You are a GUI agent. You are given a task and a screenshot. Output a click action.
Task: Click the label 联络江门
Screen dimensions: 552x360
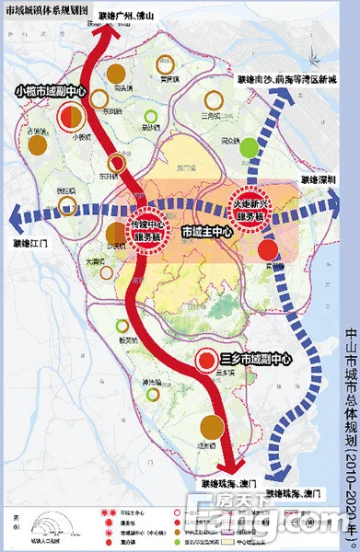(34, 244)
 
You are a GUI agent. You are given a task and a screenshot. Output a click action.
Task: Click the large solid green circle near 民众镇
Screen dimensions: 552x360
(249, 146)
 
